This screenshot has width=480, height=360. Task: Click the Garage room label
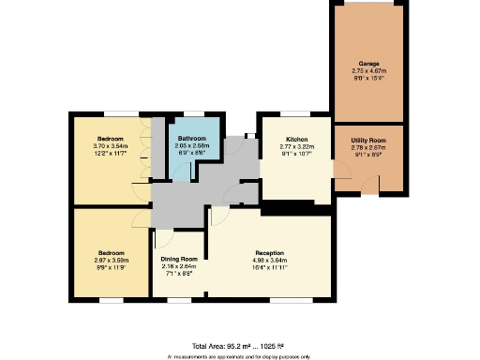pyautogui.click(x=368, y=64)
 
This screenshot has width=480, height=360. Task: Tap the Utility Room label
pyautogui.click(x=368, y=140)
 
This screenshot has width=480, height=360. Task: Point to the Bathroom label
pyautogui.click(x=192, y=139)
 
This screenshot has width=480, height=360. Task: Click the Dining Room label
pyautogui.click(x=178, y=259)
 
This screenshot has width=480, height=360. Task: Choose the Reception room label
pyautogui.click(x=270, y=253)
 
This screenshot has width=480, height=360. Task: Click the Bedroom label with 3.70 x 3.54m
pyautogui.click(x=111, y=139)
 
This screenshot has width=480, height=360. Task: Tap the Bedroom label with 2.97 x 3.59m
pyautogui.click(x=111, y=252)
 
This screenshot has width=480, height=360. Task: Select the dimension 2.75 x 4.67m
pyautogui.click(x=368, y=70)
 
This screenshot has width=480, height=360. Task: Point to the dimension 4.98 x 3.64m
pyautogui.click(x=270, y=260)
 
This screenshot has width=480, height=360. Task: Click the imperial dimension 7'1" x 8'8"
pyautogui.click(x=178, y=273)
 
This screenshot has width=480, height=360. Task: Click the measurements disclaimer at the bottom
pyautogui.click(x=240, y=356)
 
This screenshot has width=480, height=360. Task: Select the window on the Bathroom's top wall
pyautogui.click(x=193, y=115)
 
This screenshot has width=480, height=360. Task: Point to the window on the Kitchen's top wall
pyautogui.click(x=295, y=115)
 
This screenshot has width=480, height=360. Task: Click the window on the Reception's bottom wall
pyautogui.click(x=269, y=299)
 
